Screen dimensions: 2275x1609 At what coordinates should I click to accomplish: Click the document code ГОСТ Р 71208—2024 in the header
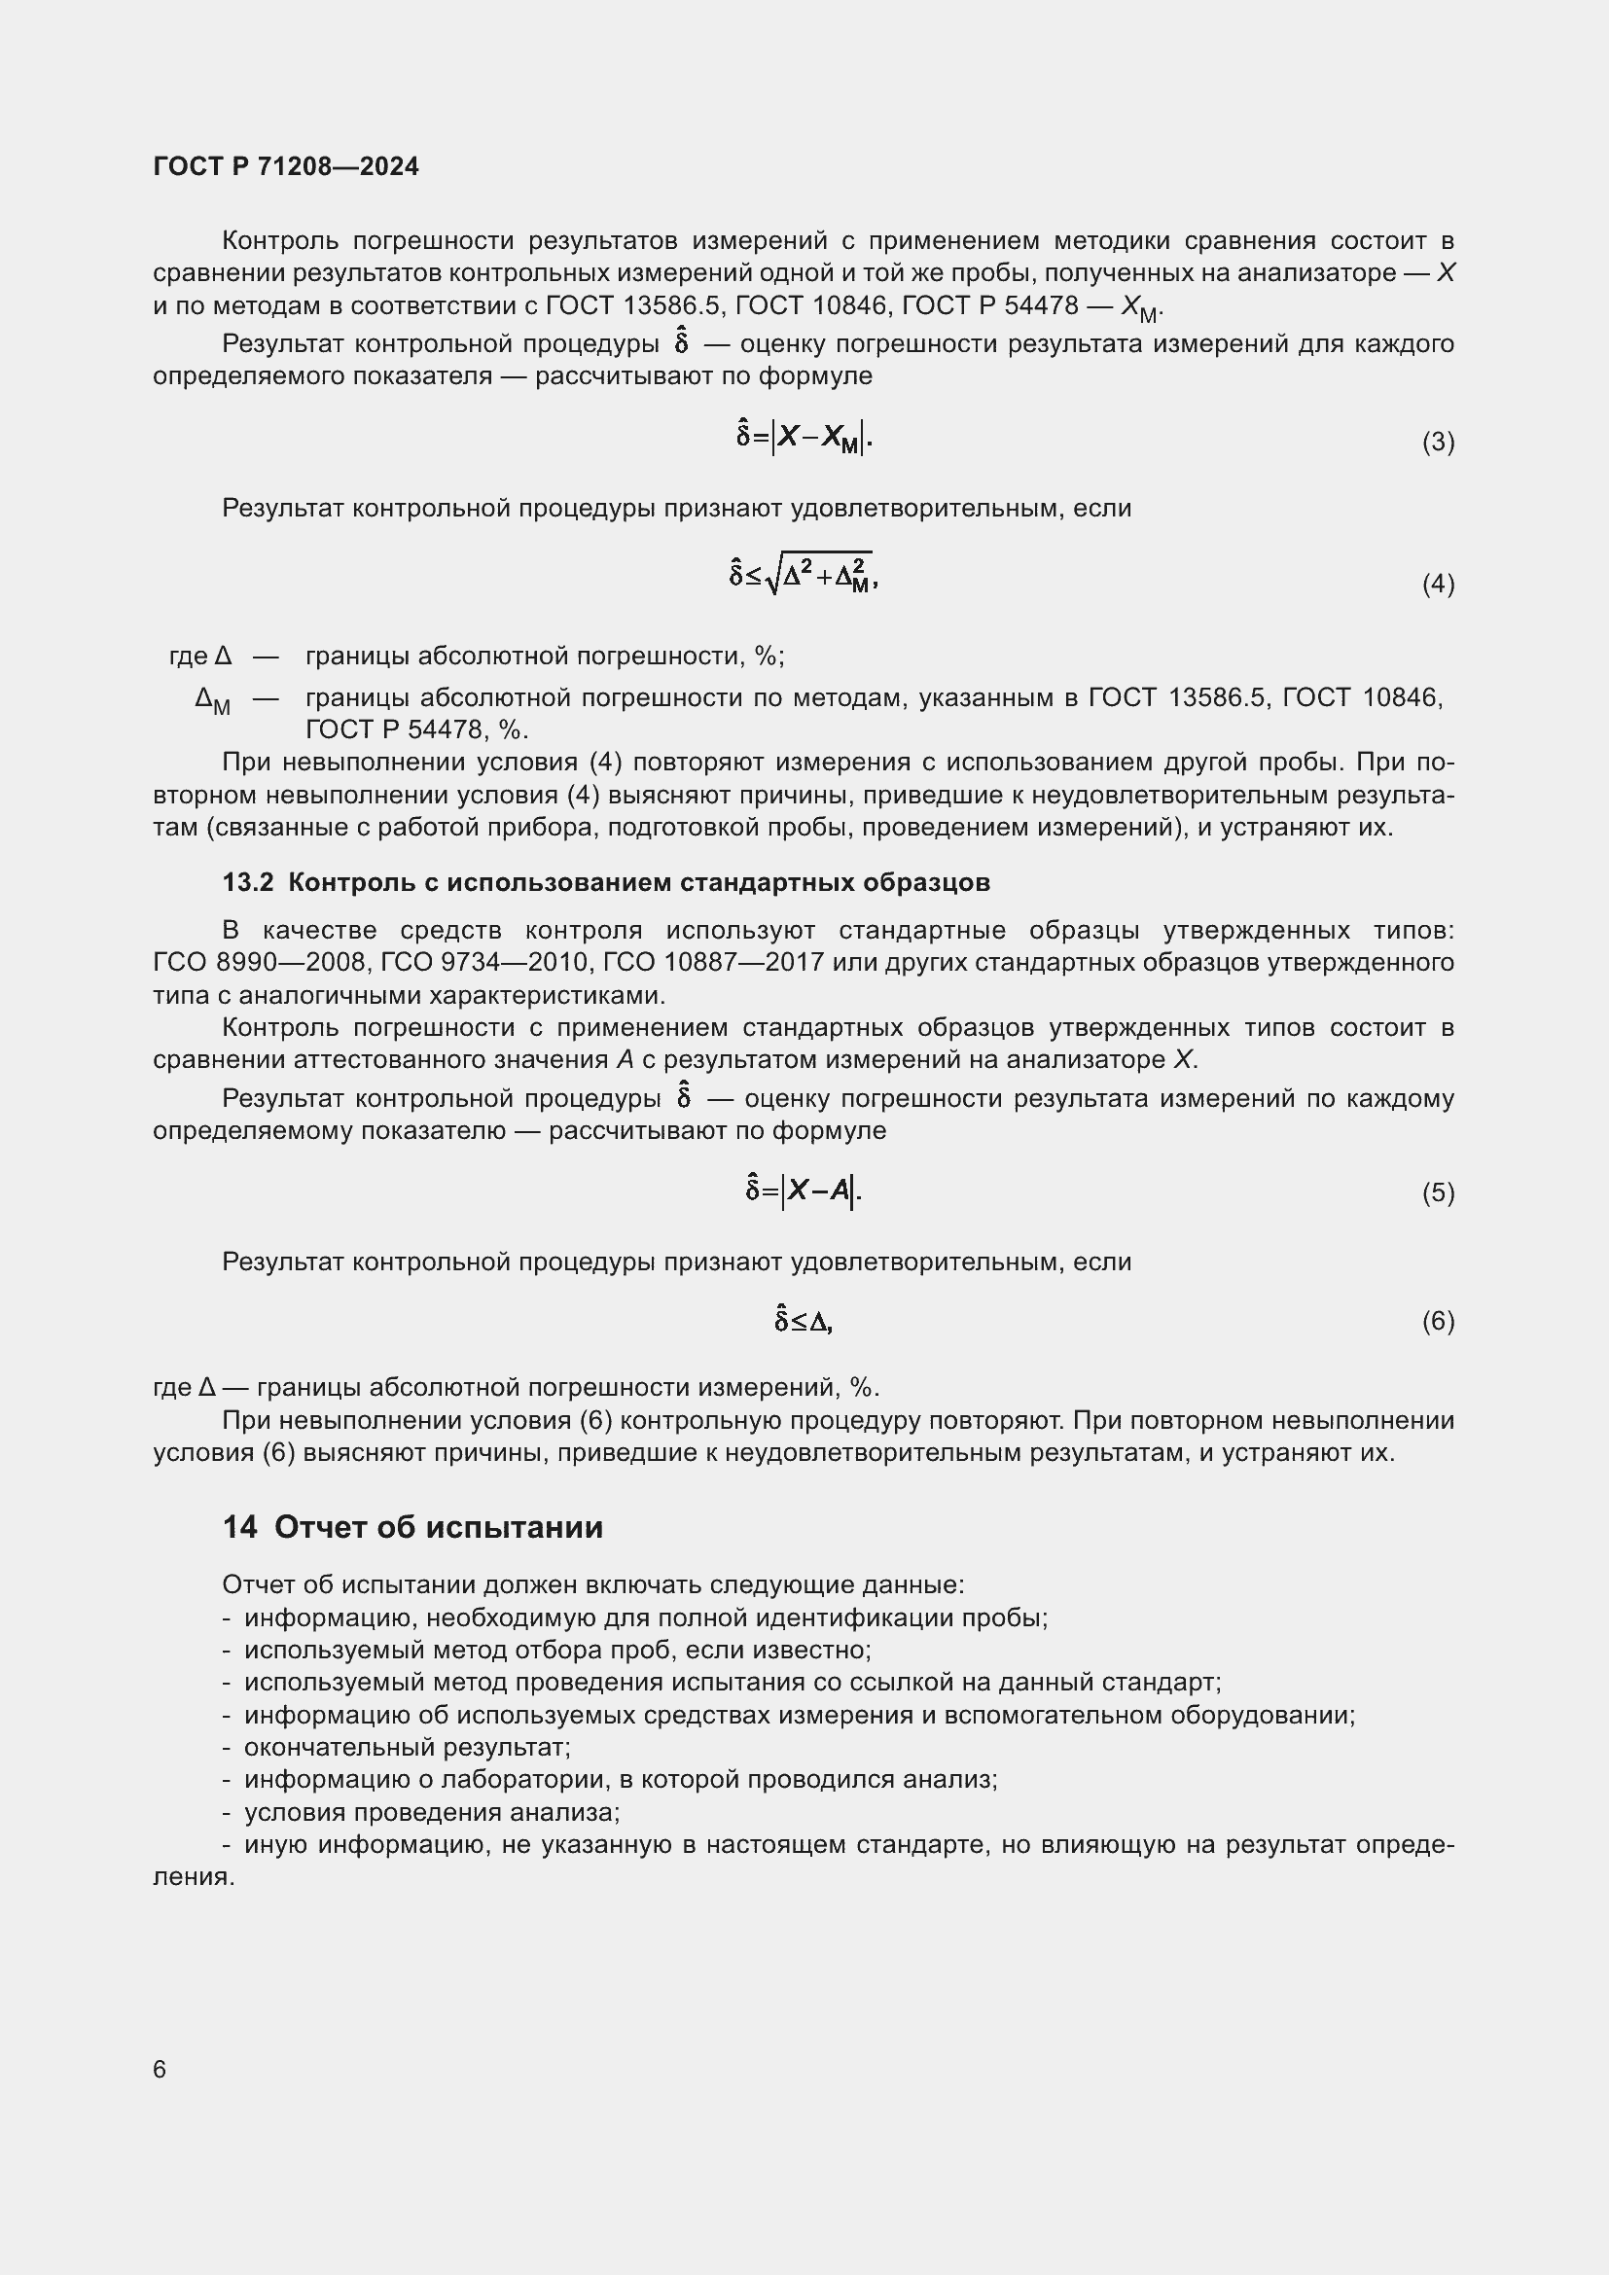pyautogui.click(x=285, y=166)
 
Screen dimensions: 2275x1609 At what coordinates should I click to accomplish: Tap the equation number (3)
pyautogui.click(x=1438, y=442)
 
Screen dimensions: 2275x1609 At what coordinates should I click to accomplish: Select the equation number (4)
pyautogui.click(x=1438, y=585)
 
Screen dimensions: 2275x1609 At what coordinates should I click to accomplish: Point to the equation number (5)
pyautogui.click(x=1438, y=1193)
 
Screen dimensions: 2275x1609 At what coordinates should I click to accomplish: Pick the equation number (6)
pyautogui.click(x=1438, y=1321)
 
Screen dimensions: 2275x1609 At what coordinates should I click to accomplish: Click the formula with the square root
pyautogui.click(x=804, y=574)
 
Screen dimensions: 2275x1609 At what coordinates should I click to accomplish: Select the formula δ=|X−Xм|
pyautogui.click(x=804, y=436)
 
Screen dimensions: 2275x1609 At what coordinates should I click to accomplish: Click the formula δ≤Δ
pyautogui.click(x=804, y=1321)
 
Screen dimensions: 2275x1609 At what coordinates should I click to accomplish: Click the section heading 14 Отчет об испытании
pyautogui.click(x=412, y=1527)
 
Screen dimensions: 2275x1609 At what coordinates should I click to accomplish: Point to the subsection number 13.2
pyautogui.click(x=248, y=882)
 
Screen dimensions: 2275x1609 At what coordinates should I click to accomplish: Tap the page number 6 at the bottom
pyautogui.click(x=160, y=2069)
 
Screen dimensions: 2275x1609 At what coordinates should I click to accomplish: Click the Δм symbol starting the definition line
pyautogui.click(x=212, y=701)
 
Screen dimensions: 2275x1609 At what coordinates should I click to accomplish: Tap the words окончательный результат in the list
pyautogui.click(x=407, y=1747)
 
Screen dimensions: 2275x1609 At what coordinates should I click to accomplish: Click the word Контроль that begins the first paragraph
pyautogui.click(x=280, y=241)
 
